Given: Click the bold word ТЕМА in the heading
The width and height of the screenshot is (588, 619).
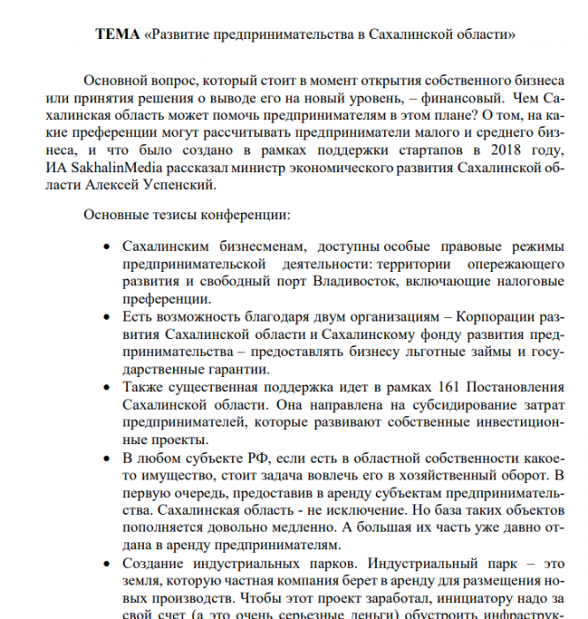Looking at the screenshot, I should click(x=117, y=34).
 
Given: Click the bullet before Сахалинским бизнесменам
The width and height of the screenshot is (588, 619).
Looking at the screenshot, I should click(x=107, y=248).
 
